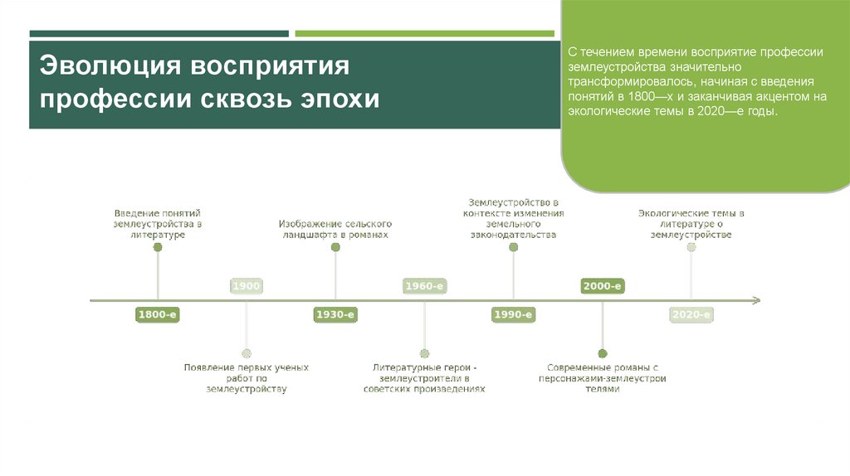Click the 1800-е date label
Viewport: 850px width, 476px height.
coord(158,314)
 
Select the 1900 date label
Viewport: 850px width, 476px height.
coord(247,286)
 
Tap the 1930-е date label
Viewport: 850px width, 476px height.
coord(335,314)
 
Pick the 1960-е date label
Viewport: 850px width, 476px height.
coord(424,286)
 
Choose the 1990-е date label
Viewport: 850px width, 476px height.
coord(513,314)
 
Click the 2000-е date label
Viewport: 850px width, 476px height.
coord(602,286)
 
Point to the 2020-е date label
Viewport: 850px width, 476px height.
coord(691,314)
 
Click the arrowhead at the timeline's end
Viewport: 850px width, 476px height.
coord(755,300)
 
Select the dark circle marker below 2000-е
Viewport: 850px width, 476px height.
coord(602,353)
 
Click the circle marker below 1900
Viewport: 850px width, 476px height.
coord(247,353)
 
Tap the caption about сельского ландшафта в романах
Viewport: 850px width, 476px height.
coord(335,230)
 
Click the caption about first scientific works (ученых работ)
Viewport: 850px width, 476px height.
coord(247,377)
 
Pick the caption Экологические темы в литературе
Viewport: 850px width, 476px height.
coord(691,224)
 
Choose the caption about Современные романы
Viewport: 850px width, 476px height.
coord(602,378)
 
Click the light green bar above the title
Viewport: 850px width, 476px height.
coord(424,34)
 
